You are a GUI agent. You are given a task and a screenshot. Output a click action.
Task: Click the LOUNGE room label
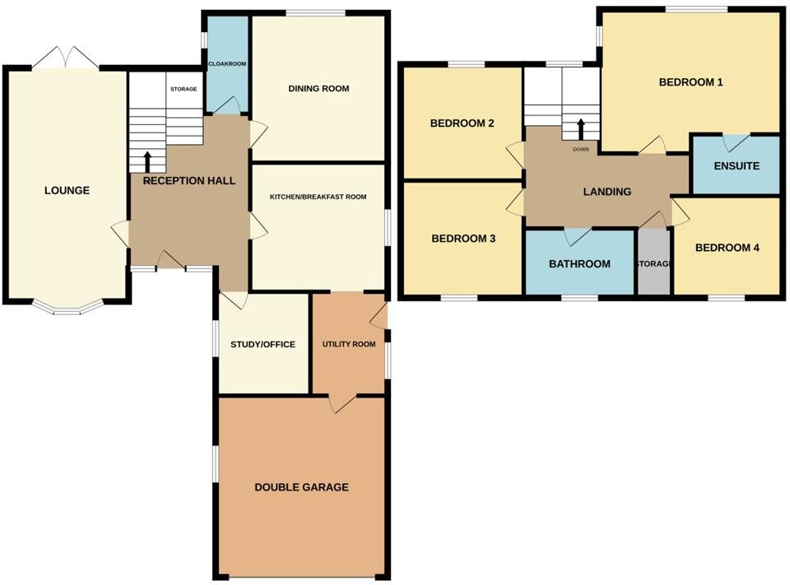tap(67, 191)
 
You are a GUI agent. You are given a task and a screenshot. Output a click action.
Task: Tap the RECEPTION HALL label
tap(189, 180)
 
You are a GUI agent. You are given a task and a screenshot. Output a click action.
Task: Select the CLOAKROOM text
tap(227, 63)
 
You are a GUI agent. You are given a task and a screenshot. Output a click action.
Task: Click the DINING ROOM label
tap(318, 89)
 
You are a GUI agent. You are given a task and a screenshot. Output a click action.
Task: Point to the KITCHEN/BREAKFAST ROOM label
tap(318, 197)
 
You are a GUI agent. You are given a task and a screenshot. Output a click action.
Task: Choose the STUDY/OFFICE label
tap(263, 345)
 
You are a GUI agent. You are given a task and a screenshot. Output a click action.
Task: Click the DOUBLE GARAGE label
tap(301, 487)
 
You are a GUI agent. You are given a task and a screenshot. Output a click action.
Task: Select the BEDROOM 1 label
tap(690, 82)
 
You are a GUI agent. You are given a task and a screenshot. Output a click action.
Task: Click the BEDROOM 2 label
tap(462, 123)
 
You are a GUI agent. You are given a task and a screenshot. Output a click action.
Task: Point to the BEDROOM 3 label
tap(463, 239)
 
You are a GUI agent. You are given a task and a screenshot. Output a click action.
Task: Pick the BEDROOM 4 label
tap(727, 248)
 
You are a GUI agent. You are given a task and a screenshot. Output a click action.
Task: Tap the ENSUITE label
tap(736, 165)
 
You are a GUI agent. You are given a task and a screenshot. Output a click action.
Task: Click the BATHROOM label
tap(579, 264)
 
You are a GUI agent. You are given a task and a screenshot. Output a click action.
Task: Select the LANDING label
tap(606, 192)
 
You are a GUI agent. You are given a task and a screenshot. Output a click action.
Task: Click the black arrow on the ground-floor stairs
tap(148, 159)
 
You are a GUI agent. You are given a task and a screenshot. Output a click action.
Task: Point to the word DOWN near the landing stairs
tap(581, 149)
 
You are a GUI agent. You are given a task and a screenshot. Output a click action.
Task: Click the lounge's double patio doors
tap(67, 59)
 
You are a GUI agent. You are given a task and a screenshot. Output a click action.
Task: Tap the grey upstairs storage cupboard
tap(655, 262)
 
